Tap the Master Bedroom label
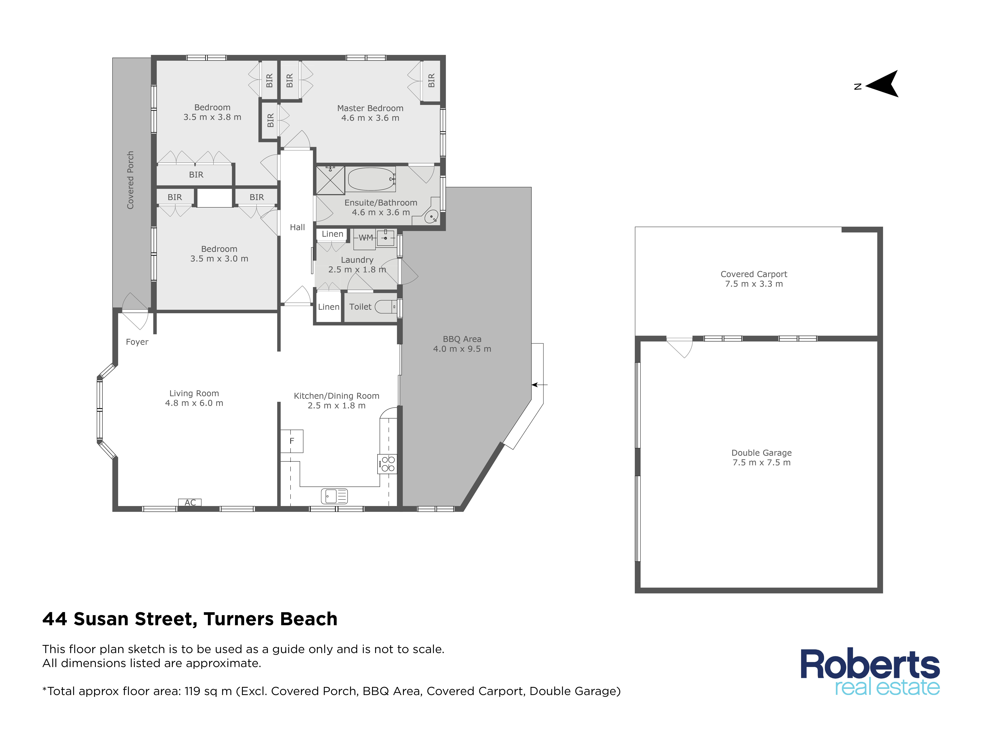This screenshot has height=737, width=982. point(370,108)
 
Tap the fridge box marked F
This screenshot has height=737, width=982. point(292,441)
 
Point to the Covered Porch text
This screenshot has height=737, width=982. point(130,180)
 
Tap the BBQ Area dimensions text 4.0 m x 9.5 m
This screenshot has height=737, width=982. point(462,349)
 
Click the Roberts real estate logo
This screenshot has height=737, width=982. point(870,672)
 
